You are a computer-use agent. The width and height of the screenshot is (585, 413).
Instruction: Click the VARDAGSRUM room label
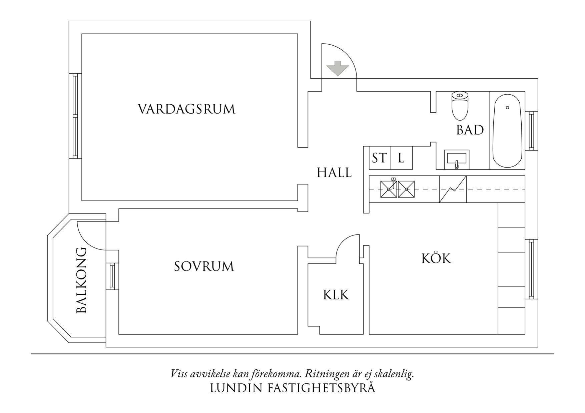(186, 109)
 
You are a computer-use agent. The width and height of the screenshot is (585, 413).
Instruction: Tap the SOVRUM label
(204, 266)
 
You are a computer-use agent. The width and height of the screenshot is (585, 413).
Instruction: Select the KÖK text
(436, 258)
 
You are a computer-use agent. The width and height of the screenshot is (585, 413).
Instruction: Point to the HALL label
(334, 173)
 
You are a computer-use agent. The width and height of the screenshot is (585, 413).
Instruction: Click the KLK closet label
(336, 295)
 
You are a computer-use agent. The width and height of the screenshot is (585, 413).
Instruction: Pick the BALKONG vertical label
(82, 280)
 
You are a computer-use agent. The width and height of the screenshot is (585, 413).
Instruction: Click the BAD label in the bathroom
(470, 130)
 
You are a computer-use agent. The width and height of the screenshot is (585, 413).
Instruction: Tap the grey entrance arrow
(338, 68)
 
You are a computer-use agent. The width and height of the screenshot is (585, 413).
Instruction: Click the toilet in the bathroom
(460, 106)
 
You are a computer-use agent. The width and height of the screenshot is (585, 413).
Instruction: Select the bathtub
(507, 131)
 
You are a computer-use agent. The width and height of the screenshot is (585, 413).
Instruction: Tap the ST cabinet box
(380, 158)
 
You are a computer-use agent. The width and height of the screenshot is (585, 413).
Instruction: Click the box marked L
(401, 158)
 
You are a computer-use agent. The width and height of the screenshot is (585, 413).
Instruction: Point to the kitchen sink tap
(394, 183)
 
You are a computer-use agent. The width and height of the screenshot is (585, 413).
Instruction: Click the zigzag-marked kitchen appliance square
(453, 189)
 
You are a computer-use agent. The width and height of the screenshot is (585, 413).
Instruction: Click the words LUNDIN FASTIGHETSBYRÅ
(292, 388)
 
